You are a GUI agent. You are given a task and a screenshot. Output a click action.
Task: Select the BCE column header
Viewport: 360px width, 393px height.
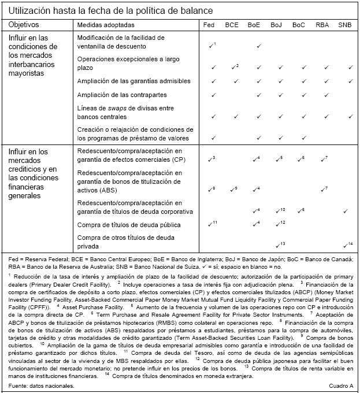[x=232, y=25]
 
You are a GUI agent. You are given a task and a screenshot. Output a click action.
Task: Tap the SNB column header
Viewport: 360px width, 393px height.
[x=345, y=25]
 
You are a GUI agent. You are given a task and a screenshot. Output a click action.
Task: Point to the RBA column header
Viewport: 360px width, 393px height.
[x=322, y=25]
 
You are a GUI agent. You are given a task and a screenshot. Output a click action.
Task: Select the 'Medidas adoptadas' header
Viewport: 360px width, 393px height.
[x=106, y=25]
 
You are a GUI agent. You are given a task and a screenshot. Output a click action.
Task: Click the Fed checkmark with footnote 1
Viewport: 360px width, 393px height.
[x=212, y=45]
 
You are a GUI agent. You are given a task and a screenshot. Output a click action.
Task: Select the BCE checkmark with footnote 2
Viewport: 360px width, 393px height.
[x=235, y=67]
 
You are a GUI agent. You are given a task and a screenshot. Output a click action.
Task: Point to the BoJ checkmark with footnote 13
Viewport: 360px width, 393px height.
[x=280, y=244]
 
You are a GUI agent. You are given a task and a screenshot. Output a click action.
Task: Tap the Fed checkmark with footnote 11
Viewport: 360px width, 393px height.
[x=213, y=223]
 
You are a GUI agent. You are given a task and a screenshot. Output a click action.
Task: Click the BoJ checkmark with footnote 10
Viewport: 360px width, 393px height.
[x=280, y=210]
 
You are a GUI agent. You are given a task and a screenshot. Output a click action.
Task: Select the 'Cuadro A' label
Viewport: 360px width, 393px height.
[x=340, y=386]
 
